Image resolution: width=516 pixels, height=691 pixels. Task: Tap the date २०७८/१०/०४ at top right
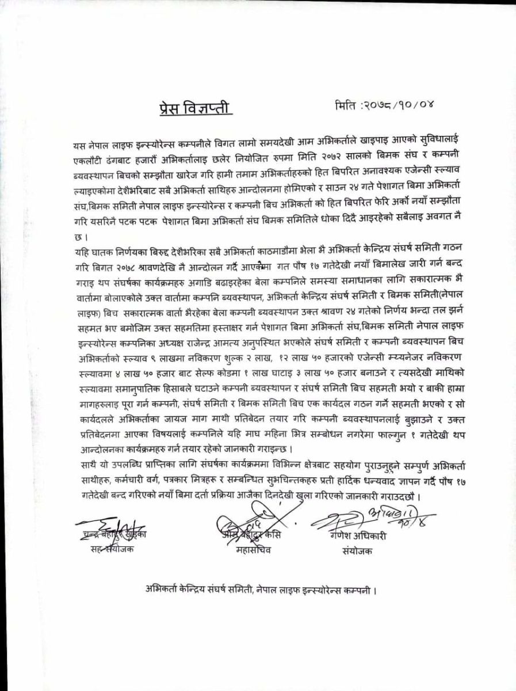[393, 106]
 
